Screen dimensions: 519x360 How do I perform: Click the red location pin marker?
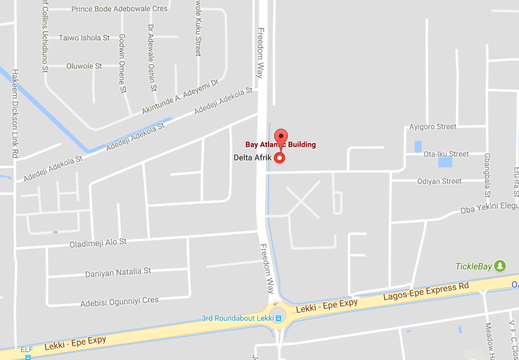280,139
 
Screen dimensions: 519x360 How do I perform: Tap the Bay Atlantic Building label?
280,145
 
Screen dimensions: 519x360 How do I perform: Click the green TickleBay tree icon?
500,266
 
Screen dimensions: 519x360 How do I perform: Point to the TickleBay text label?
473,267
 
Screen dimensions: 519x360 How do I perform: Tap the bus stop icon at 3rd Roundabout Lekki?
279,318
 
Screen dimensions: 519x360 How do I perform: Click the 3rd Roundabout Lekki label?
238,318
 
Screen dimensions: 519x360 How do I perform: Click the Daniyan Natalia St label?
118,272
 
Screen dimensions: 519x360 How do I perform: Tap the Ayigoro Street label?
433,127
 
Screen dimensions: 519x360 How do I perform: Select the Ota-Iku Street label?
446,154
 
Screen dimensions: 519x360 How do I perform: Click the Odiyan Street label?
439,181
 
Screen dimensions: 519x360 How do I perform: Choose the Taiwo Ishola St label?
84,38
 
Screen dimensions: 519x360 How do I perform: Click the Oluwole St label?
84,66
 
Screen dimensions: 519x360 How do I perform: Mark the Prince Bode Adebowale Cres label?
119,9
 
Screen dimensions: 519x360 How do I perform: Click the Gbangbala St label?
487,175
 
